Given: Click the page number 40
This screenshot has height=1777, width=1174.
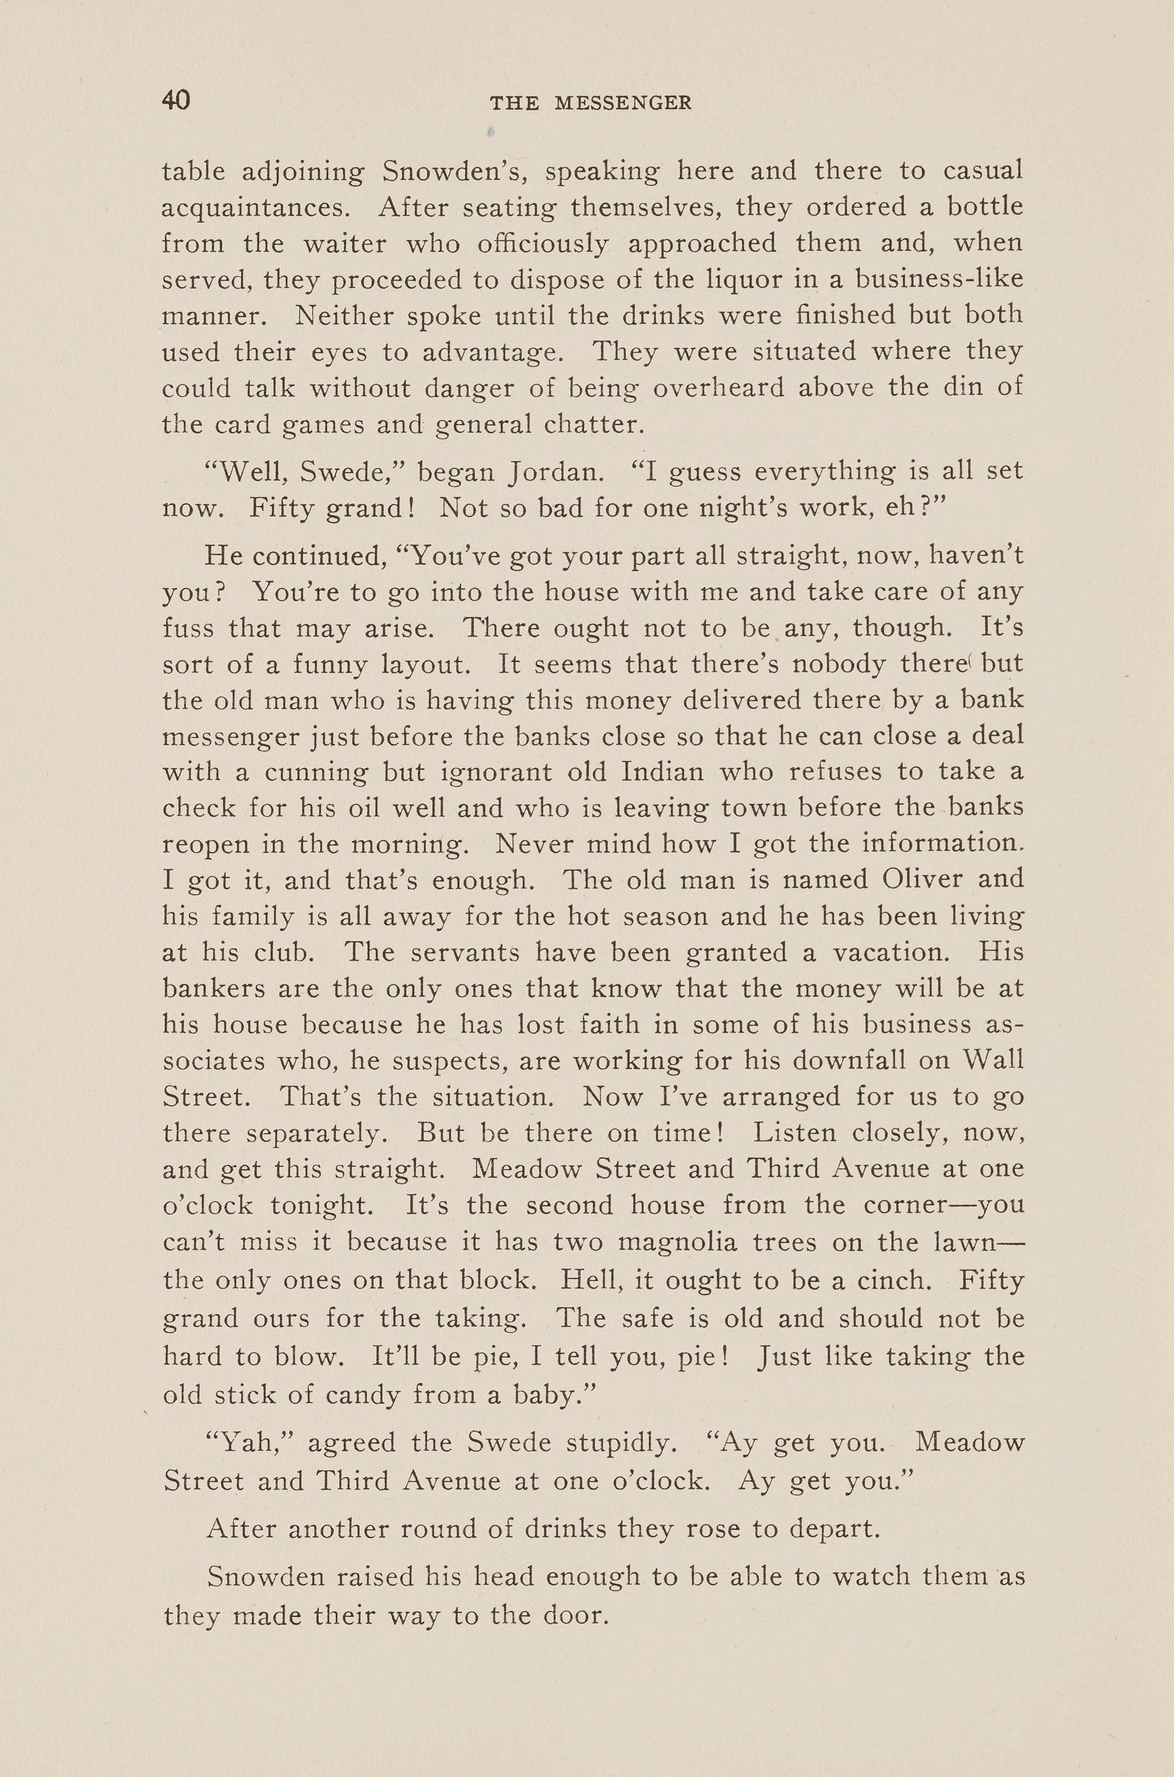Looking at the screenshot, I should point(176,100).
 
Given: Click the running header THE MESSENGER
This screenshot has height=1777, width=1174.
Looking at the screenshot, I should point(591,103).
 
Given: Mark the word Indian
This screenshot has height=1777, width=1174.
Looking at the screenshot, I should point(663,772).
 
